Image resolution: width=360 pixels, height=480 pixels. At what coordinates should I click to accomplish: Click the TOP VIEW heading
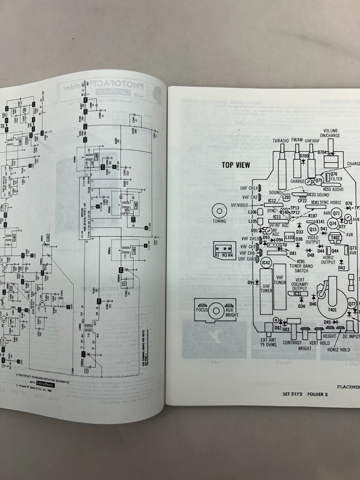point(236,165)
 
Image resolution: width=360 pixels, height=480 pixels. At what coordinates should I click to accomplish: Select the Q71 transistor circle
point(337,213)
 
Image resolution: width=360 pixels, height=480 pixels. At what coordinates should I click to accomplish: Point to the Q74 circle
point(333,223)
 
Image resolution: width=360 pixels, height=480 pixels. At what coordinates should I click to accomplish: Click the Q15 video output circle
point(313,229)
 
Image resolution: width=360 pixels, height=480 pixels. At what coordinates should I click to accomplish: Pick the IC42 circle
point(266,263)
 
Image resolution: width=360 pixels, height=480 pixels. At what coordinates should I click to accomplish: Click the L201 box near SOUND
point(286,197)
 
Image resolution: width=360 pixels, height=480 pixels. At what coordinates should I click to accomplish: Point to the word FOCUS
point(202,310)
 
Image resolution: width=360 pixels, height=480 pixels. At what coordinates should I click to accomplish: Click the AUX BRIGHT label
point(231,312)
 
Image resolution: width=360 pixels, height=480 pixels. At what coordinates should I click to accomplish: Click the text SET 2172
point(293,394)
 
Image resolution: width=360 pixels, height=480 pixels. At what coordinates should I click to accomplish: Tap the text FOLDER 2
point(317,394)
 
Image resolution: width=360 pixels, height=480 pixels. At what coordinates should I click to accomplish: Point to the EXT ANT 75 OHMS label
point(268,342)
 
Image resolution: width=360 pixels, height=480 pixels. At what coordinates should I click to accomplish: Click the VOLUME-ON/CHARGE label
point(331,133)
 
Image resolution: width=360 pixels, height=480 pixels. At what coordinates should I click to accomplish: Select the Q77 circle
point(352,304)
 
